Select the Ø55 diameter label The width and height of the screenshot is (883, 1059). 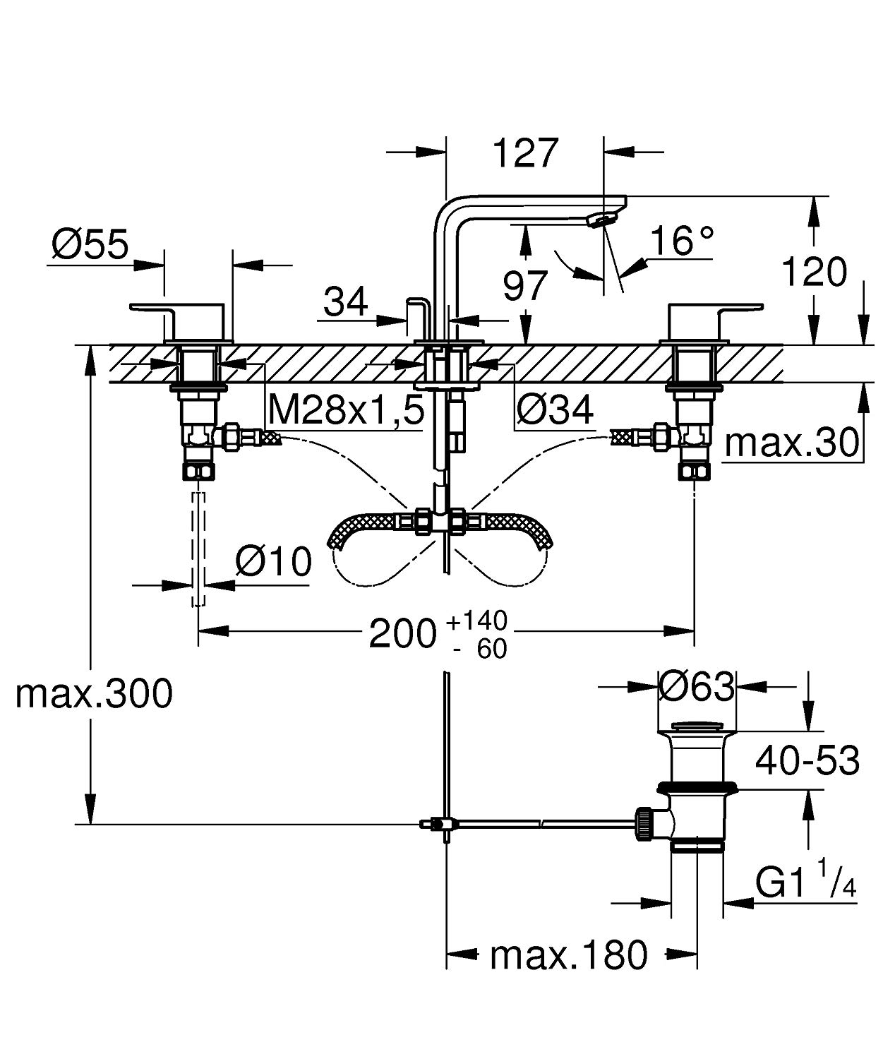90,244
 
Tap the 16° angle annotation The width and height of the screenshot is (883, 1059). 681,241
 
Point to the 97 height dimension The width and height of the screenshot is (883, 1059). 525,286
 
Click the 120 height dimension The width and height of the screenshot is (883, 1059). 814,272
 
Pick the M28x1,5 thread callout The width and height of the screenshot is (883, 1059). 346,409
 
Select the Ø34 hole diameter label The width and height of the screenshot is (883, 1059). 555,409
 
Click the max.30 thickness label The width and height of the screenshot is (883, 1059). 792,443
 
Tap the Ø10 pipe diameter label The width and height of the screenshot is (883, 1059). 273,562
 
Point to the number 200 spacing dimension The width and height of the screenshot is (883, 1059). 403,633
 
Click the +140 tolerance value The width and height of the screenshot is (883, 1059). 477,621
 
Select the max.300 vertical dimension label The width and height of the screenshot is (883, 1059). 94,693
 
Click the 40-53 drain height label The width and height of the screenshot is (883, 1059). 807,760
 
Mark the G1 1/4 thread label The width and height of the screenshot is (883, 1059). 805,882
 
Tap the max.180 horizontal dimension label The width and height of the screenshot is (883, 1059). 568,955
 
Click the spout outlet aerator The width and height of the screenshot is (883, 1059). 597,221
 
